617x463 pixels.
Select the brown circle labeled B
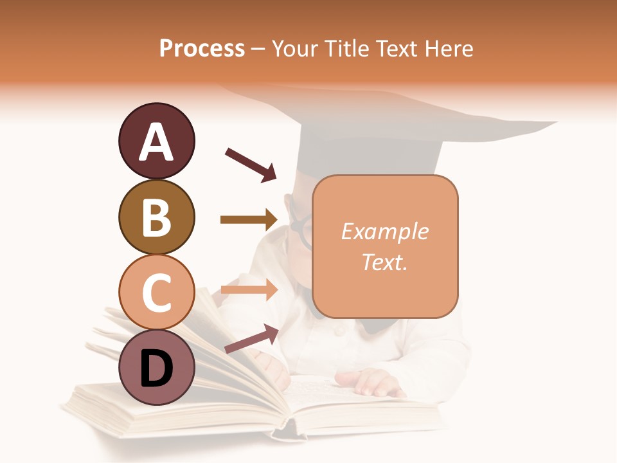tap(156, 217)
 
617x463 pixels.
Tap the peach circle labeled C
tap(156, 291)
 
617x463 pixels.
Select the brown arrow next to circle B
tap(248, 220)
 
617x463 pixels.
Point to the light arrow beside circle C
tap(248, 290)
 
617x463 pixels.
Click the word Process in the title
tap(202, 48)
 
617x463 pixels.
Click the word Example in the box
tap(384, 232)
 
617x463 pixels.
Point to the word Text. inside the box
tap(384, 262)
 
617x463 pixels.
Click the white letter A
tap(156, 142)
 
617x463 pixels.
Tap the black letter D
tap(156, 369)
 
